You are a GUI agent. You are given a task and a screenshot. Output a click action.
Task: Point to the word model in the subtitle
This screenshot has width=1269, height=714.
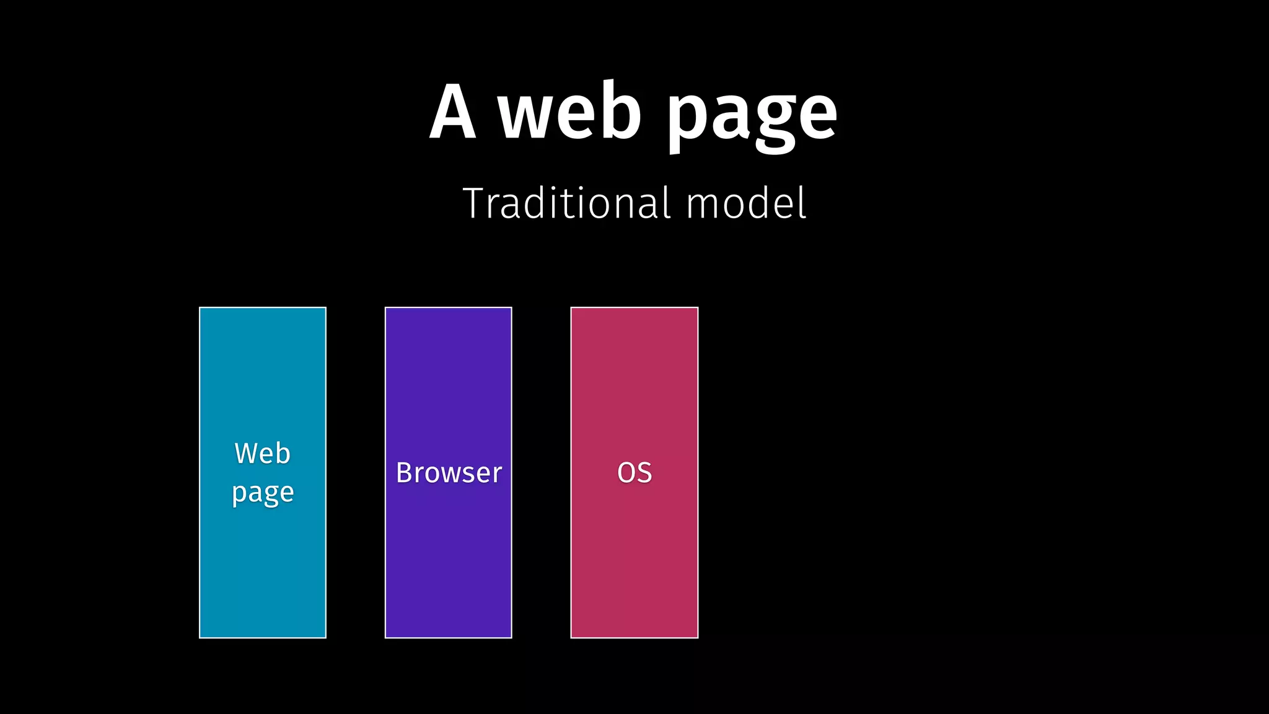pyautogui.click(x=746, y=203)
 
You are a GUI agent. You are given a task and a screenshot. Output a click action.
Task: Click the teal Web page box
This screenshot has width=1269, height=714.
pyautogui.click(x=263, y=558)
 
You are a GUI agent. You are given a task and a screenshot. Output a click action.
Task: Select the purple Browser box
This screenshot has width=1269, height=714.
pyautogui.click(x=449, y=558)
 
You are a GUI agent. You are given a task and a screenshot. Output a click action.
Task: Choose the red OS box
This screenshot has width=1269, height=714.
pyautogui.click(x=634, y=558)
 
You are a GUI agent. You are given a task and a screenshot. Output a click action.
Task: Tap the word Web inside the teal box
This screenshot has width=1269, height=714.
pyautogui.click(x=262, y=454)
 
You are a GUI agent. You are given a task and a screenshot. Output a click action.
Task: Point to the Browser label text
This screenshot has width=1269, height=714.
pyautogui.click(x=449, y=473)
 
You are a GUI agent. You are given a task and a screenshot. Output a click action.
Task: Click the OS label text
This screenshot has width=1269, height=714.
pyautogui.click(x=634, y=473)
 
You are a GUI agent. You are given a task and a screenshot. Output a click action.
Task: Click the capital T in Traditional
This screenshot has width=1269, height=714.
pyautogui.click(x=478, y=203)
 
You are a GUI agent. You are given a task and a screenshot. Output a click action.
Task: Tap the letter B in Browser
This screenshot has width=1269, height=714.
pyautogui.click(x=405, y=473)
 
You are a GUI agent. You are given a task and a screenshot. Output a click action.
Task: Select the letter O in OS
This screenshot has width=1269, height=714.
pyautogui.click(x=626, y=473)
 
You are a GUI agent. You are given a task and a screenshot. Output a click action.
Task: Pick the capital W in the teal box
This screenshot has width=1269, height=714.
pyautogui.click(x=245, y=454)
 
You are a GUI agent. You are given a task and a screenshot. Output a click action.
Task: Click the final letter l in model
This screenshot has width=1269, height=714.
pyautogui.click(x=802, y=202)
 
